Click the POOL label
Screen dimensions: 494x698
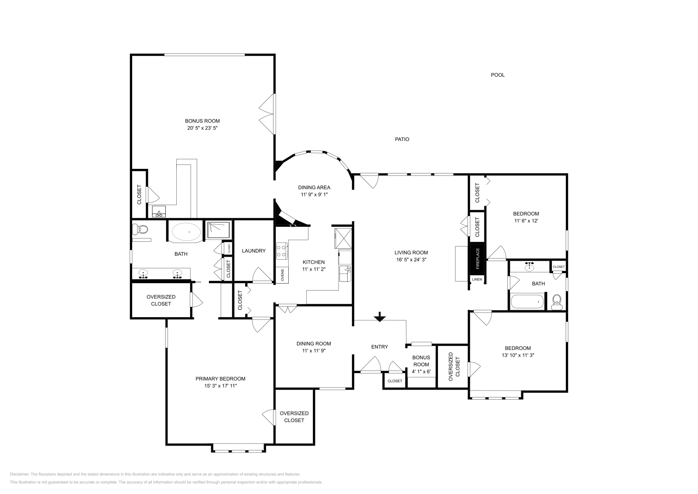pyautogui.click(x=498, y=75)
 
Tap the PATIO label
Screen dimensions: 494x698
pyautogui.click(x=402, y=140)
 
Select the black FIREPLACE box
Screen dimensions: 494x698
pyautogui.click(x=477, y=259)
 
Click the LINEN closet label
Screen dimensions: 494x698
pyautogui.click(x=477, y=279)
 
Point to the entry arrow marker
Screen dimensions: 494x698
pyautogui.click(x=380, y=317)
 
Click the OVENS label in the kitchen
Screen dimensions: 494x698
pyautogui.click(x=282, y=276)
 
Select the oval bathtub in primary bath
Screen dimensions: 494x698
pyautogui.click(x=186, y=232)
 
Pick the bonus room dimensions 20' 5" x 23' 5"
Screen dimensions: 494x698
pyautogui.click(x=202, y=128)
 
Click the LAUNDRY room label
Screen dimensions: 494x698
pyautogui.click(x=253, y=251)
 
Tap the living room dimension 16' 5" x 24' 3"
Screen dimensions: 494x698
pyautogui.click(x=411, y=260)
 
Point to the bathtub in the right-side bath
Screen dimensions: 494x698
pyautogui.click(x=527, y=302)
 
